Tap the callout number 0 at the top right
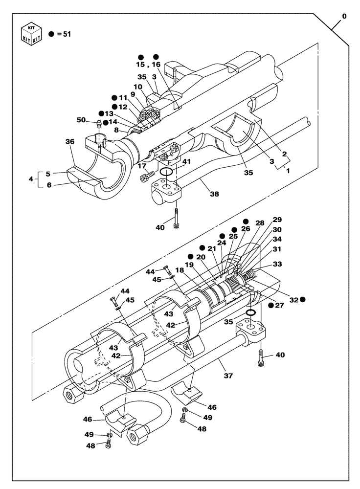[344, 16]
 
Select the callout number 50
[81, 120]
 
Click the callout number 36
[70, 141]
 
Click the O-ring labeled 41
[166, 173]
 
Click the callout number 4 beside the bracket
[32, 179]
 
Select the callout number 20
[201, 257]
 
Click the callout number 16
[157, 64]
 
